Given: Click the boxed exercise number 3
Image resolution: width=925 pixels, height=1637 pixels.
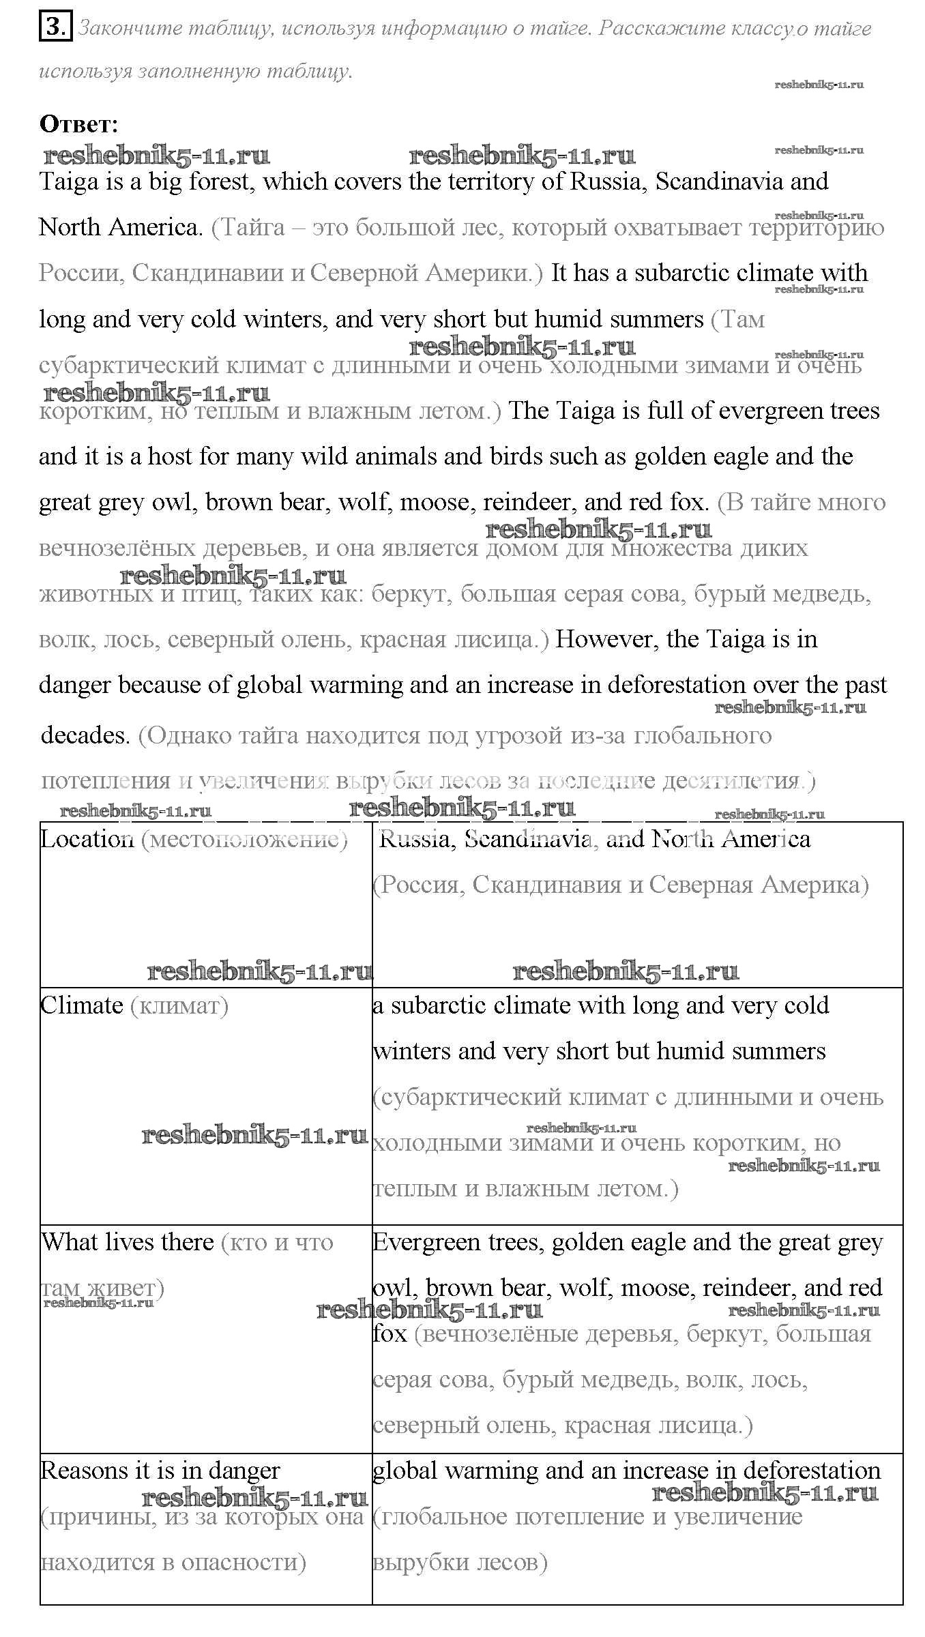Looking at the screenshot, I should (x=55, y=28).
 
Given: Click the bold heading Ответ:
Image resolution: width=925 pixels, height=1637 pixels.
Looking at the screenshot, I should (x=79, y=124).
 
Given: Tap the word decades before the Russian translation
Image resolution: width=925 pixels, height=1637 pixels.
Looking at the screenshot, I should (x=85, y=735).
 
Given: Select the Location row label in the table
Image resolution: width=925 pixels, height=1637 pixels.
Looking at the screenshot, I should (x=87, y=839).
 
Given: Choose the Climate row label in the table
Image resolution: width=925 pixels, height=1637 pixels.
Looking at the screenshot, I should (x=82, y=1005).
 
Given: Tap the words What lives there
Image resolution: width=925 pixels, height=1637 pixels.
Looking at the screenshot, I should (x=128, y=1242).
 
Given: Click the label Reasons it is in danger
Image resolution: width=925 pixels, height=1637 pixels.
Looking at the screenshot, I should (x=160, y=1471).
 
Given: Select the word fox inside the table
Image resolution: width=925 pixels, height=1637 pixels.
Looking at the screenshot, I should (x=390, y=1333).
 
